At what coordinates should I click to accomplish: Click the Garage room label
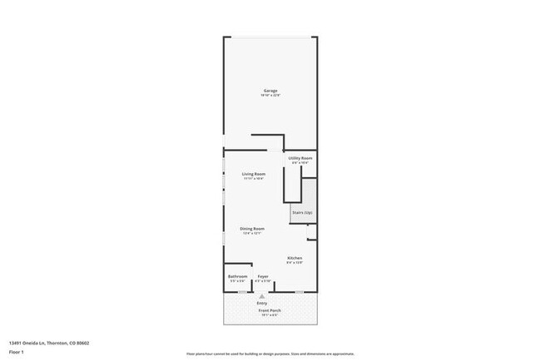coord(270,91)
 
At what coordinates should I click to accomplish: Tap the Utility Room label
coord(300,158)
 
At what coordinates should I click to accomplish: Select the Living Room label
coord(254,174)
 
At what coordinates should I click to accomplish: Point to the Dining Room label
coord(252,229)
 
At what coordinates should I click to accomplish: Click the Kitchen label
coord(295,258)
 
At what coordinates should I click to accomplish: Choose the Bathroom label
coord(237,276)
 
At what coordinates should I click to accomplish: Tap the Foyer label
coord(262,276)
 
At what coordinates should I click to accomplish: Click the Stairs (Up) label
coord(302,213)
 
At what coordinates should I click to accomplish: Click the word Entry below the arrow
coord(262,303)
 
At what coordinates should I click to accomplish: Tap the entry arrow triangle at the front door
coord(262,295)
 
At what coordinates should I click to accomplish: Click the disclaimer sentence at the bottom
coord(270,354)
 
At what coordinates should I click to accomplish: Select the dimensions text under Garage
coord(270,96)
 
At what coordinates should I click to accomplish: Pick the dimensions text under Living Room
coord(254,179)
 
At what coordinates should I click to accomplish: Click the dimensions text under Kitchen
coord(295,263)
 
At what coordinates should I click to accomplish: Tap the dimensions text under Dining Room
coord(252,234)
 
